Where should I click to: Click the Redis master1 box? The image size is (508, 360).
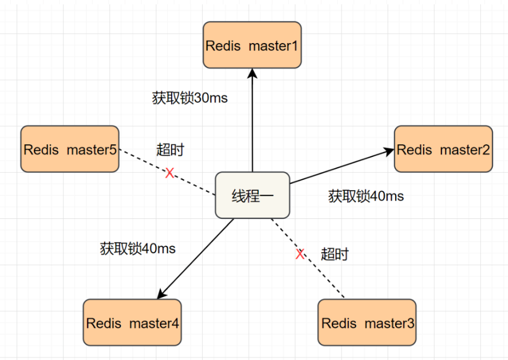252,45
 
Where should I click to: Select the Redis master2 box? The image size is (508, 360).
443,149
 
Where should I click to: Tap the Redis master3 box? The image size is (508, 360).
367,322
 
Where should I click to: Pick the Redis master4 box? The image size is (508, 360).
132,322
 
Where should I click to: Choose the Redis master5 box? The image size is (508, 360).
69,149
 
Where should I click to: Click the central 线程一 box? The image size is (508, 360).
252,195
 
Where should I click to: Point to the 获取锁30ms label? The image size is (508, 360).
190,98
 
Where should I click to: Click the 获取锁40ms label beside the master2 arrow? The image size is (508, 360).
366,196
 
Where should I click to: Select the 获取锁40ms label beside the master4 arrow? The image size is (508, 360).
137,248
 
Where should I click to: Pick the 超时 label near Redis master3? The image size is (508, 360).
335,254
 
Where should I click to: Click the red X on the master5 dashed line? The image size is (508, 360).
170,173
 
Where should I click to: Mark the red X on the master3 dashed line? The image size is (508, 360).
300,254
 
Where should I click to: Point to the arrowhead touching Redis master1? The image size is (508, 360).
252,73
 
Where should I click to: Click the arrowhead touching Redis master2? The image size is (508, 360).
389,151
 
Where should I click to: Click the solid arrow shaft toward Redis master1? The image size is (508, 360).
252,125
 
